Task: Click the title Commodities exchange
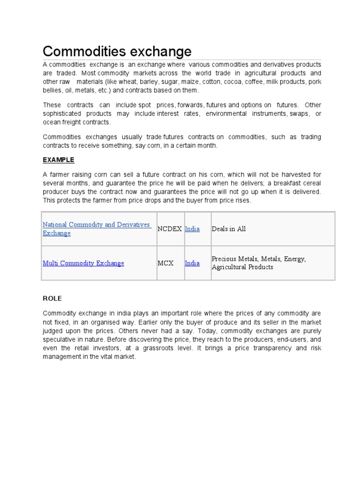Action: pos(117,51)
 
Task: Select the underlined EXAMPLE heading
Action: pos(59,160)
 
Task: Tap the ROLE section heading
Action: pos(52,299)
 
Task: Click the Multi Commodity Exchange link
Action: pos(83,263)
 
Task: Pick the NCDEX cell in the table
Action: pos(170,229)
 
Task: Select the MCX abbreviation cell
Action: pos(166,263)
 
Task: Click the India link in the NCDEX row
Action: pos(192,229)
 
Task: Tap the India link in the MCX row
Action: pos(192,263)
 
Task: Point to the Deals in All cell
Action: pos(229,229)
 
